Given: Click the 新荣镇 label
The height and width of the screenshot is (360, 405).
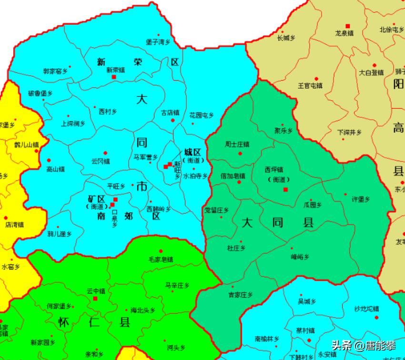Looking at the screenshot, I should click(115, 70).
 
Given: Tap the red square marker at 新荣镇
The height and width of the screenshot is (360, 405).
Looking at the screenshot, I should click(114, 77).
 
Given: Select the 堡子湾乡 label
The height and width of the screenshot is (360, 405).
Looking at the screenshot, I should click(158, 42).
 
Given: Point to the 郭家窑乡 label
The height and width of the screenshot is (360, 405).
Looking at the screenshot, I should click(55, 72).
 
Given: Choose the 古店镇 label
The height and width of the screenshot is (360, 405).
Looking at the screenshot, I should click(170, 113).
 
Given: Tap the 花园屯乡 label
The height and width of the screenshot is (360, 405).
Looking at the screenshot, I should click(202, 115).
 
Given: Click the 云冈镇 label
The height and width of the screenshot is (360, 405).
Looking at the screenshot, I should click(101, 161).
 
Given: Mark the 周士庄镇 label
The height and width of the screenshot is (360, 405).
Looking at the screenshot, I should click(237, 144).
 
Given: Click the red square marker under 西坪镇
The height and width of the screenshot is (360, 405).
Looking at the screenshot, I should click(285, 190).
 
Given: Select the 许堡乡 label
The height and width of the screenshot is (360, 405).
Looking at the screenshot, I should click(361, 199).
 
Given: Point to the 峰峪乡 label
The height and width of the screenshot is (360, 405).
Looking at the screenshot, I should click(300, 257).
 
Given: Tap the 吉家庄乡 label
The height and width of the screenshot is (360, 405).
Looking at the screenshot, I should click(241, 295).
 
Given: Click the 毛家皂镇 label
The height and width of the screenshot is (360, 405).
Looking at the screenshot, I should click(161, 259).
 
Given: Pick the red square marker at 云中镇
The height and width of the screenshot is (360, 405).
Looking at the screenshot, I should click(95, 298).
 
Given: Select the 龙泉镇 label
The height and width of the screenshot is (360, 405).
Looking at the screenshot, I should click(344, 33).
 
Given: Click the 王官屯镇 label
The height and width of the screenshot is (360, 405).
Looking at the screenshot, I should click(310, 86).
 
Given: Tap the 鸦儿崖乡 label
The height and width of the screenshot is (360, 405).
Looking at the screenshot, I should click(60, 234).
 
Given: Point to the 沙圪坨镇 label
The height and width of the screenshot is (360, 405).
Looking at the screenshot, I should click(366, 309).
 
